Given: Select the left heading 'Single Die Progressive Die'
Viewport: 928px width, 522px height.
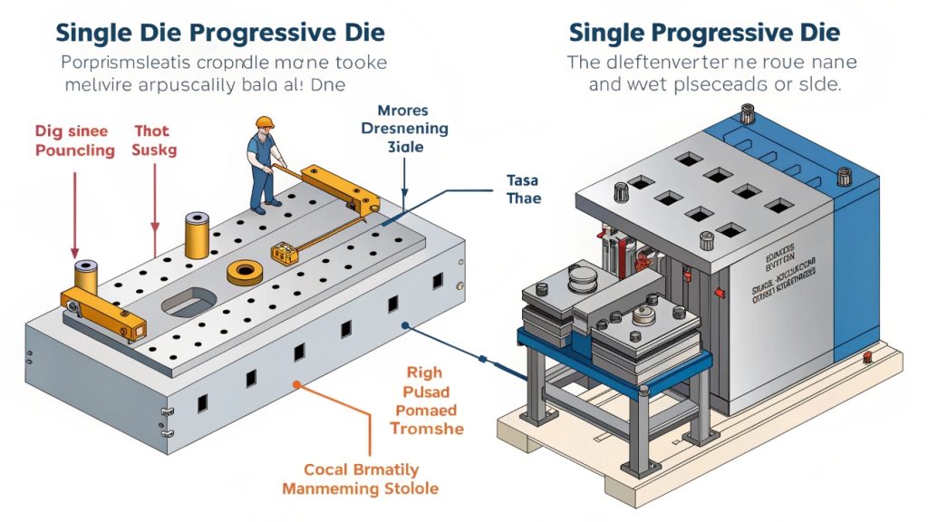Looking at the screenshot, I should [220, 33].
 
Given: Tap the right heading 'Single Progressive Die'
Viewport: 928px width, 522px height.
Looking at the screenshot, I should [703, 33].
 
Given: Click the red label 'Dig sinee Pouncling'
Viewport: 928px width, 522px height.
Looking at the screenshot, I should [75, 140].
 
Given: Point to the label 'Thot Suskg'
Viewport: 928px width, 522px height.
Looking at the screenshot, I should [155, 140].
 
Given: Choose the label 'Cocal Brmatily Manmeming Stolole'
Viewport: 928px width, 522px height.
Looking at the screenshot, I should [360, 478].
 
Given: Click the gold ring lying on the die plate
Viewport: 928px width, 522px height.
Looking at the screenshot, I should [246, 270].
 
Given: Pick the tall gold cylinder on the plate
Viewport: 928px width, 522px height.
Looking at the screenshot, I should [197, 236].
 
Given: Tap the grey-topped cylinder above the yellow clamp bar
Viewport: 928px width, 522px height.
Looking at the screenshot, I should [87, 274].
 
